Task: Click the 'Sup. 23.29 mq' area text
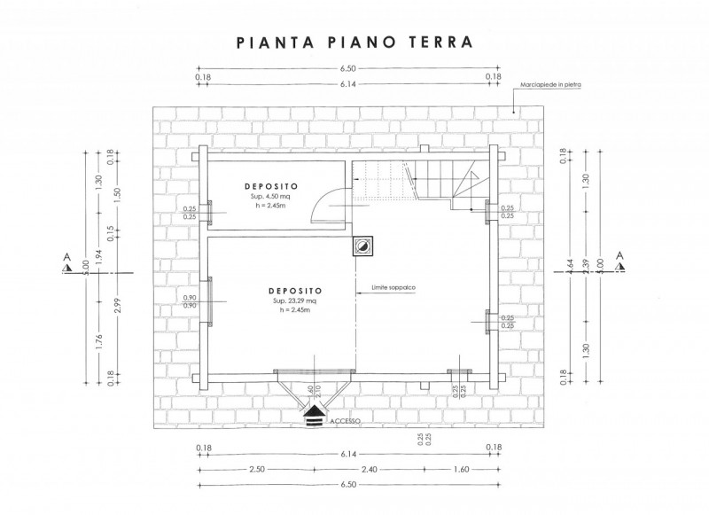[x=297, y=301]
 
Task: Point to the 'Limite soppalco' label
[x=392, y=286]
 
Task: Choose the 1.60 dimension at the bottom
[x=460, y=469]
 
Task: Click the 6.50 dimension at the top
[x=347, y=68]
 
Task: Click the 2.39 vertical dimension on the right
[x=584, y=267]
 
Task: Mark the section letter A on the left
[x=66, y=257]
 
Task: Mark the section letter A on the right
[x=619, y=257]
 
